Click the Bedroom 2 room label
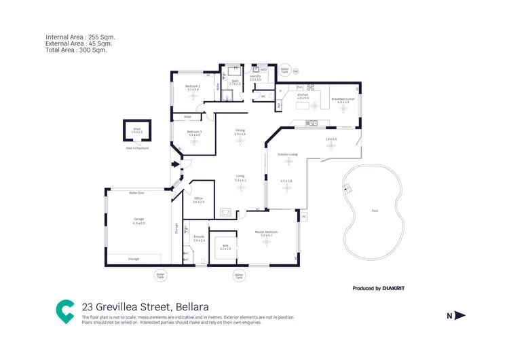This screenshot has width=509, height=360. point(193,86)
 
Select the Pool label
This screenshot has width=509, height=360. point(375,211)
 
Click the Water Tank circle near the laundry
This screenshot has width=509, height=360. point(285,70)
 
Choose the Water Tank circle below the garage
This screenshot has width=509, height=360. point(161,276)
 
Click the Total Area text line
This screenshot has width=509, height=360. point(76,50)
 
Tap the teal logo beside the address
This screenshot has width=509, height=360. point(65,311)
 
